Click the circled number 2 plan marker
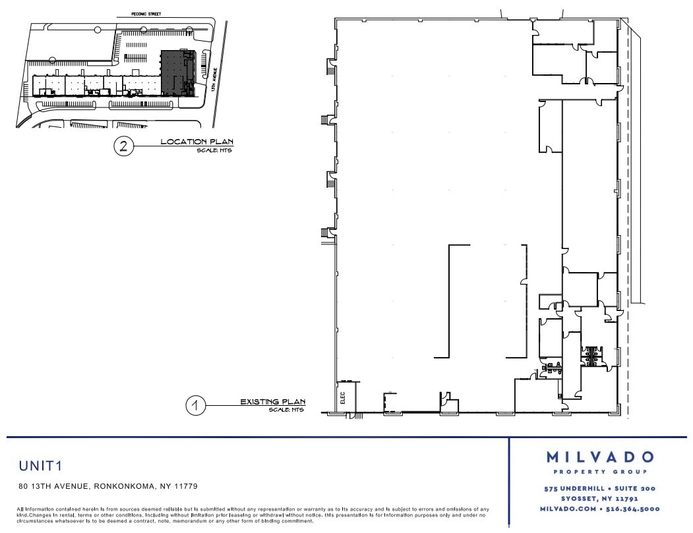point(123,146)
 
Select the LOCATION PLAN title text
point(197,142)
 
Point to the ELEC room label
point(343,398)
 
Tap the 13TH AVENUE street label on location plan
point(217,73)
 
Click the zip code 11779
point(185,487)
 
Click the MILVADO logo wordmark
point(600,457)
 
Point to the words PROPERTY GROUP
point(600,472)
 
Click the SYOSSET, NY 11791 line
point(600,499)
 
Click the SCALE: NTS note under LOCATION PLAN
point(215,151)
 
